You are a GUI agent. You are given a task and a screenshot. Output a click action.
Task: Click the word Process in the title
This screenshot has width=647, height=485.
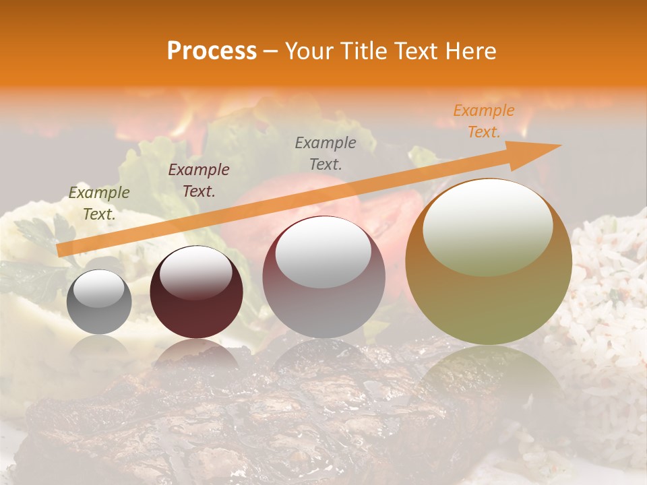click(212, 51)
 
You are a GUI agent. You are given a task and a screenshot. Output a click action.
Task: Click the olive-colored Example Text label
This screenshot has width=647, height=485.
click(99, 203)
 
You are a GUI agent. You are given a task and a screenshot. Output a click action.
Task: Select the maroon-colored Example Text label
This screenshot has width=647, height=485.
click(199, 180)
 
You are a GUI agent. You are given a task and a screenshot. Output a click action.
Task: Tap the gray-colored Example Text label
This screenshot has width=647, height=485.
click(326, 153)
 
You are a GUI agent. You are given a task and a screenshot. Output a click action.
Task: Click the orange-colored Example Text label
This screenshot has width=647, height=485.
click(483, 121)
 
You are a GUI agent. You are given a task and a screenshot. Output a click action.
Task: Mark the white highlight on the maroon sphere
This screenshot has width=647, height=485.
click(196, 271)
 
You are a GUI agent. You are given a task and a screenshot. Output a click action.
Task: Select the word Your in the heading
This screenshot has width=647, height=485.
click(309, 51)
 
